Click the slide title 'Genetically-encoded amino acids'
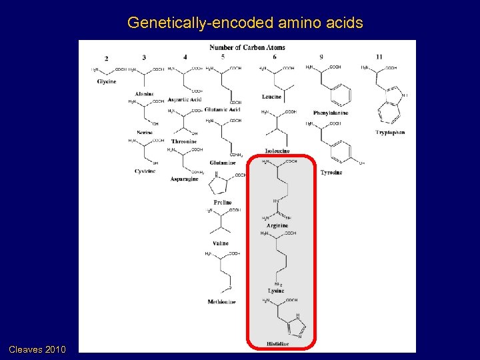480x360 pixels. [245, 23]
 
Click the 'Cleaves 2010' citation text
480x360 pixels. [37, 349]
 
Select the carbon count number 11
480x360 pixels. [379, 57]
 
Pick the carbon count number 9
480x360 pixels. [321, 57]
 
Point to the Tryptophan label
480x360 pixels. [390, 133]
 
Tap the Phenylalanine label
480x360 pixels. [331, 113]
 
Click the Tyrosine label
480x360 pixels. [331, 173]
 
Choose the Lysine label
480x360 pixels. [276, 291]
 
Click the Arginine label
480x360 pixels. [277, 226]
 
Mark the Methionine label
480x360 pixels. [221, 302]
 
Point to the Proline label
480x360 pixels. [223, 202]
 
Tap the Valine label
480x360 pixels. [221, 243]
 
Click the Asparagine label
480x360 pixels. [184, 179]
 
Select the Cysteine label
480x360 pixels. [144, 171]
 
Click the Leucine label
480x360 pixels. [272, 97]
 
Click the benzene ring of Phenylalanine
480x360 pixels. [341, 95]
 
